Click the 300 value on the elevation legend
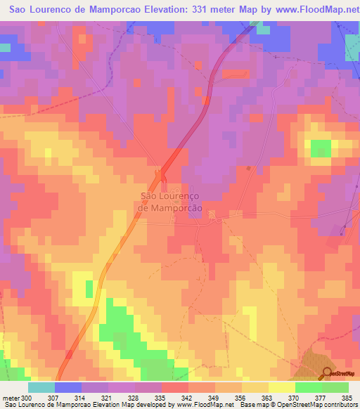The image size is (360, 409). [20, 397]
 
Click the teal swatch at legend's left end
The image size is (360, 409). [41, 387]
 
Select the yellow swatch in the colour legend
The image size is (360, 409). [281, 387]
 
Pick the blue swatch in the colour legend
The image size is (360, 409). [67, 387]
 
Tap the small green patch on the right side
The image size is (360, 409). [321, 148]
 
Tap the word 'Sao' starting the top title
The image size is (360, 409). [20, 9]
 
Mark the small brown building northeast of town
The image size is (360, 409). [248, 168]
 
